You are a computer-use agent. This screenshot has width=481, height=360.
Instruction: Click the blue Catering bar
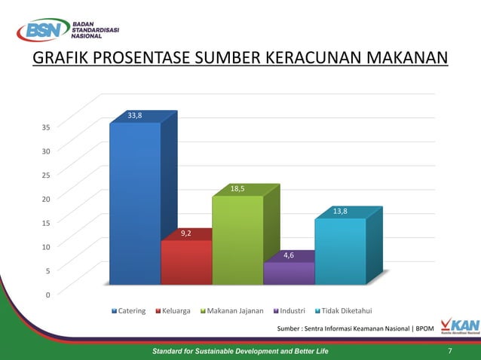click(x=135, y=203)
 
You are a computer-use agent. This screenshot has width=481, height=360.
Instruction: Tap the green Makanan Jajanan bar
click(x=237, y=239)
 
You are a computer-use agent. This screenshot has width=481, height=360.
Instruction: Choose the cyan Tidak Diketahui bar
click(x=340, y=251)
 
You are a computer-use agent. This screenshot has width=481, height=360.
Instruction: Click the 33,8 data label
click(x=135, y=115)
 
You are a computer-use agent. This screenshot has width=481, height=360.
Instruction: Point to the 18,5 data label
click(x=237, y=189)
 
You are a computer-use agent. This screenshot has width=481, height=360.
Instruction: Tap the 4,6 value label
click(x=289, y=255)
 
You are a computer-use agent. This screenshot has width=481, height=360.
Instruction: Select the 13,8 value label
click(x=340, y=212)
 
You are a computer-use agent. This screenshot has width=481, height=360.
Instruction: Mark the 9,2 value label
click(x=186, y=233)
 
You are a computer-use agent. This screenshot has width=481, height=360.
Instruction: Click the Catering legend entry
click(x=129, y=310)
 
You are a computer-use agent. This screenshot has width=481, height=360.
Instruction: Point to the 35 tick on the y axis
click(x=46, y=127)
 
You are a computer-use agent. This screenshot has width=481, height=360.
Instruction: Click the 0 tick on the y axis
click(x=48, y=294)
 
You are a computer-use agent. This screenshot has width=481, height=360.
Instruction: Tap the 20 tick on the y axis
click(x=46, y=199)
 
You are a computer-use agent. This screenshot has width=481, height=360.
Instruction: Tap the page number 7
click(x=450, y=352)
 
